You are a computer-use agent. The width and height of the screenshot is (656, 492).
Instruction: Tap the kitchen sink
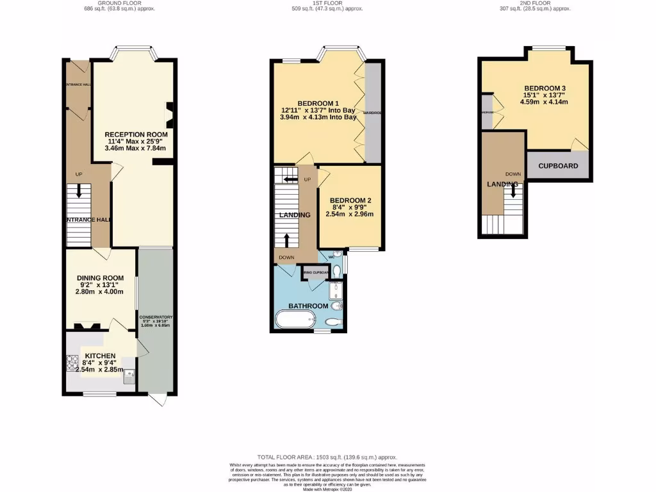pyautogui.click(x=130, y=376)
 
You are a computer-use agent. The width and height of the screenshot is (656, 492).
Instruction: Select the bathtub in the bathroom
pyautogui.click(x=294, y=319)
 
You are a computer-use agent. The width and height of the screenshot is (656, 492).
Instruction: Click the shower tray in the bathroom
pyautogui.click(x=336, y=292)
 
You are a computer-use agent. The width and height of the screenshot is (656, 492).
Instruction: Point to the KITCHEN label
pyautogui.click(x=96, y=356)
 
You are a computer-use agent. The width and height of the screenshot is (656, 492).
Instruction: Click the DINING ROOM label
pyautogui.click(x=100, y=278)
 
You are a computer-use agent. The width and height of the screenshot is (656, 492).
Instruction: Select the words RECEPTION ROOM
pyautogui.click(x=136, y=135)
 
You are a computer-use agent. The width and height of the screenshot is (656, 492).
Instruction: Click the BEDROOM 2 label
pyautogui.click(x=350, y=201)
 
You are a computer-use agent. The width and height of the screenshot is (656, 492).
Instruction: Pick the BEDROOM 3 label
pyautogui.click(x=545, y=88)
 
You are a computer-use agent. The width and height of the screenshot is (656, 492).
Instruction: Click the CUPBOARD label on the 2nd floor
pyautogui.click(x=557, y=166)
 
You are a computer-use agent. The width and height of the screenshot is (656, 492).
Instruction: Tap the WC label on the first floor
pyautogui.click(x=332, y=257)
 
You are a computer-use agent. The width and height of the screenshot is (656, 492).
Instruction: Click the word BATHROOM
pyautogui.click(x=307, y=306)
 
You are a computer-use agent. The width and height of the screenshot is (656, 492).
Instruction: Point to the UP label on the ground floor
pyautogui.click(x=79, y=174)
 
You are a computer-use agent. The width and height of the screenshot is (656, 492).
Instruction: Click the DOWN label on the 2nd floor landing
pyautogui.click(x=512, y=174)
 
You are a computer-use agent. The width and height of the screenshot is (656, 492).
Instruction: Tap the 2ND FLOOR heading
pyautogui.click(x=535, y=3)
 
